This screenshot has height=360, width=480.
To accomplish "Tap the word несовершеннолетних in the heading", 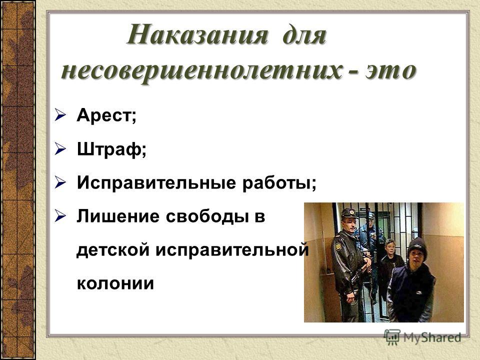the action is (x=201, y=71).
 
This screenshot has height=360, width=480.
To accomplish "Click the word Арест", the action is (x=104, y=115).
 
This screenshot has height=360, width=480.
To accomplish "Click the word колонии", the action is (x=115, y=283).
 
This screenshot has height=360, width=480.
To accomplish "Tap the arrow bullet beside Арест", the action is (x=60, y=115).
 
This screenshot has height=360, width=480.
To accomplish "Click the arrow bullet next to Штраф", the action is (x=60, y=149).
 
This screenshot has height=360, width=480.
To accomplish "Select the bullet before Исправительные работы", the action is (x=60, y=183).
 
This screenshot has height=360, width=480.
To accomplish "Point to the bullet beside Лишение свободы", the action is (x=60, y=216).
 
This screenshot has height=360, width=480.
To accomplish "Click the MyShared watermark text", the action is (x=432, y=337).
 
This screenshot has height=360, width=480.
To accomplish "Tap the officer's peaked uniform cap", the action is (x=350, y=213).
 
